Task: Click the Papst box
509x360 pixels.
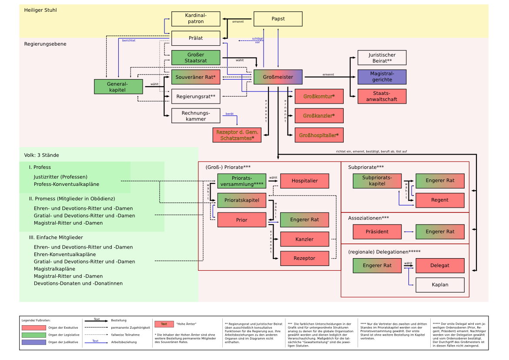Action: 278,19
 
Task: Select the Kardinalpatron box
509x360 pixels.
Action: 196,19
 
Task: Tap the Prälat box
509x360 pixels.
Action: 196,38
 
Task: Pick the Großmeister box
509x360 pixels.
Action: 278,77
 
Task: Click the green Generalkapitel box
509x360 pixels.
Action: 118,87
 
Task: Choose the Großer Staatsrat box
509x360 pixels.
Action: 196,57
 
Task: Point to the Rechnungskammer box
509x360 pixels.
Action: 196,116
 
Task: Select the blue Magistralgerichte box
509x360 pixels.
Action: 382,77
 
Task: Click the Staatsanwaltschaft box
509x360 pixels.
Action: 382,96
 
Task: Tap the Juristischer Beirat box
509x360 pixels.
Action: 382,57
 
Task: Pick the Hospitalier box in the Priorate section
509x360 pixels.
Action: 305,181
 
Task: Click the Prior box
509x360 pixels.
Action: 241,220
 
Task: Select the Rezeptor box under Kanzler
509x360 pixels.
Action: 305,258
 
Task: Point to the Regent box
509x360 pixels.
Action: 440,200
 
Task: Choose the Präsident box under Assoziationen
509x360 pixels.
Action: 377,232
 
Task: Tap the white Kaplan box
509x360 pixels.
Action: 440,285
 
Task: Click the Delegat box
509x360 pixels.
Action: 440,266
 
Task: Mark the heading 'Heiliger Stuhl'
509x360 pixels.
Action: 40,10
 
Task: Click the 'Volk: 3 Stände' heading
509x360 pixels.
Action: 42,155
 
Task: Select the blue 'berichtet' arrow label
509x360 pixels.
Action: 129,40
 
